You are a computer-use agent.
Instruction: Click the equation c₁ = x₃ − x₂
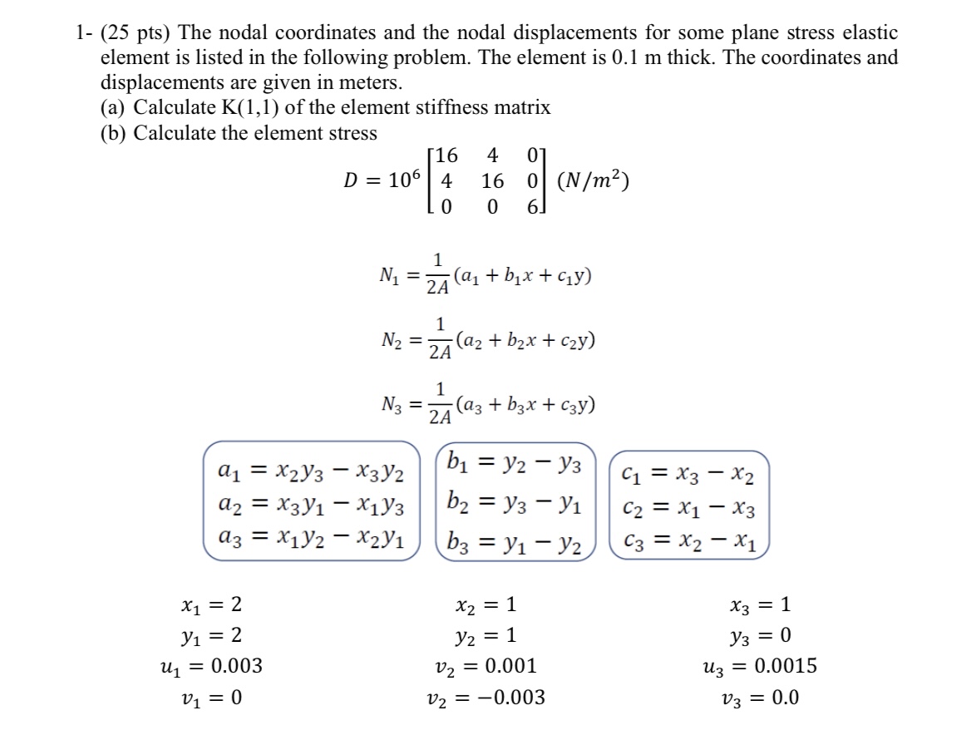[x=689, y=476]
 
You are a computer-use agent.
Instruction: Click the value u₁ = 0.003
[x=211, y=666]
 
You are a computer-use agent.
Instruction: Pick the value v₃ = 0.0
[x=759, y=697]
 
